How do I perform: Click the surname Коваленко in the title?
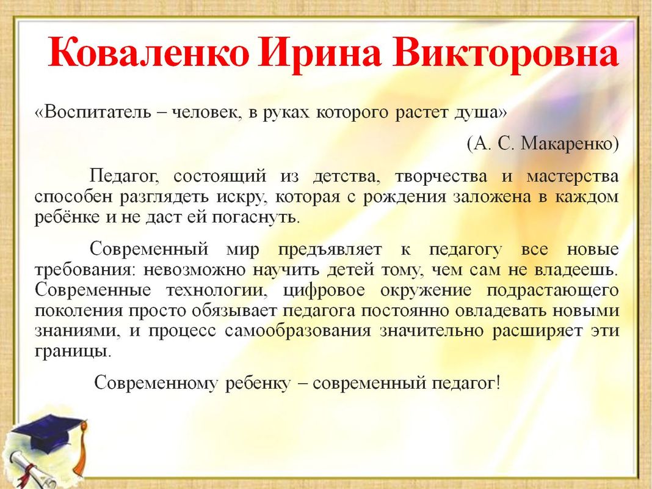pos(148,51)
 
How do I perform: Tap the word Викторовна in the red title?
pos(505,51)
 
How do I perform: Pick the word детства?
pos(346,177)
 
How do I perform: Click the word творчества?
pos(441,177)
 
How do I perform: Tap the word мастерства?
pos(573,177)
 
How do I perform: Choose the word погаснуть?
pos(255,217)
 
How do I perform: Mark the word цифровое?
pos(324,290)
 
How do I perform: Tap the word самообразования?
pos(298,331)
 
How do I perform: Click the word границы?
pos(73,351)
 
